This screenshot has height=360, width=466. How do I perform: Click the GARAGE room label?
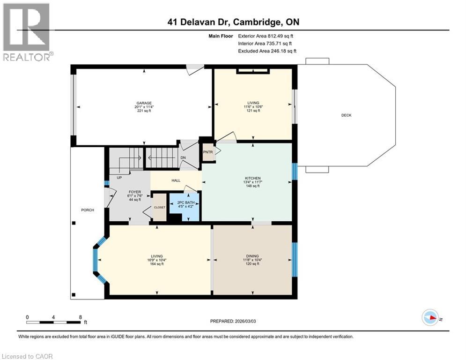(144, 103)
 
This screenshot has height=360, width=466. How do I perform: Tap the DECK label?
(346, 115)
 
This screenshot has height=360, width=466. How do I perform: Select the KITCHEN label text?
(252, 178)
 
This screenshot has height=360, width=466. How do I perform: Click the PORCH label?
(87, 210)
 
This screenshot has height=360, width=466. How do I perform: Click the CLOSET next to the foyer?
(159, 207)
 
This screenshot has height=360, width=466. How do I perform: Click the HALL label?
(176, 180)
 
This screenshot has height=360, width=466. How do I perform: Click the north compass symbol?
(430, 318)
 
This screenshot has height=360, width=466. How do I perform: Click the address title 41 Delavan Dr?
(233, 22)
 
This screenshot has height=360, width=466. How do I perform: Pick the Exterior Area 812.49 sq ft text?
(266, 36)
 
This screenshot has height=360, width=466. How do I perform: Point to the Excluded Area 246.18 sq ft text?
(267, 51)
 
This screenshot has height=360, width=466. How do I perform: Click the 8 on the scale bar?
(80, 317)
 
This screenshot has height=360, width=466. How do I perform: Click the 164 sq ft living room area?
(157, 264)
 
